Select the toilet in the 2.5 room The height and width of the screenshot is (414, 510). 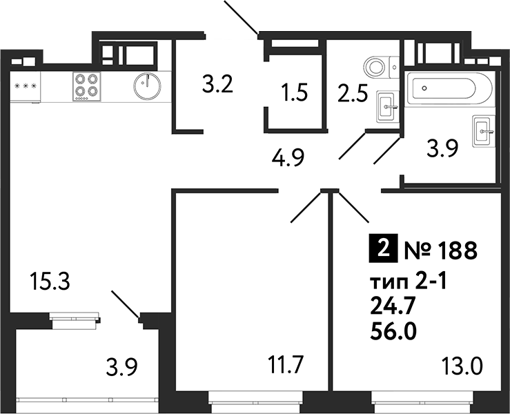point(375,66)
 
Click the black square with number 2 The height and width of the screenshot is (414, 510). point(383,249)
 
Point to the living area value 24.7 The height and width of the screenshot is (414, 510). point(394,307)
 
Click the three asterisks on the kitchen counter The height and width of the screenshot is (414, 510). point(26,86)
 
